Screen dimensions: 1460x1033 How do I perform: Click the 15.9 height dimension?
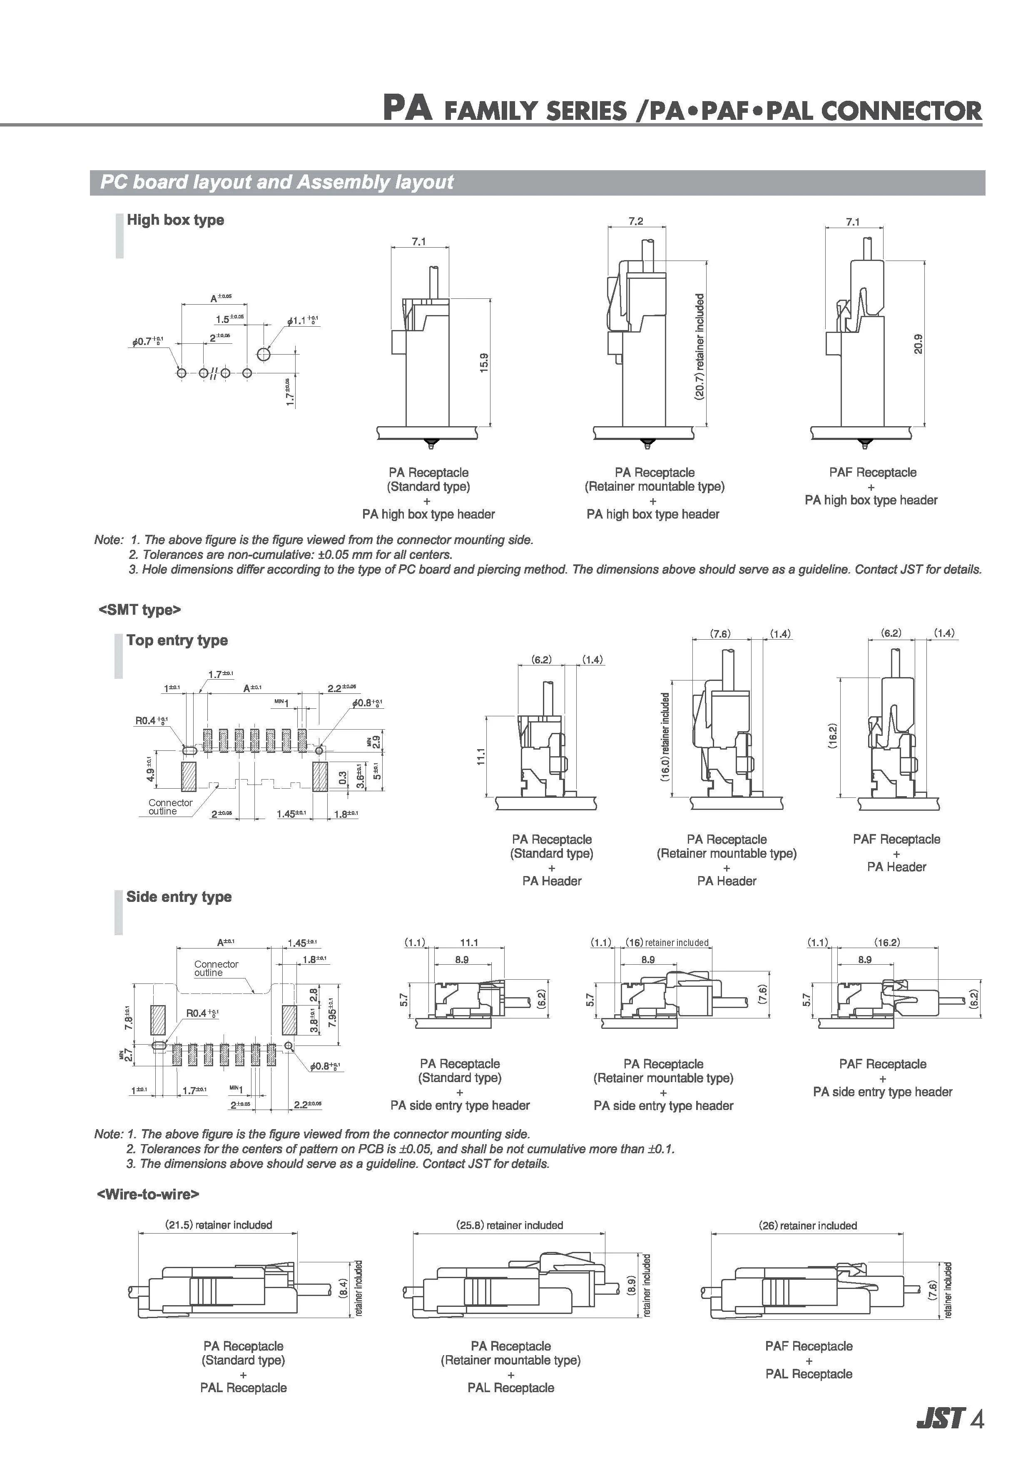(484, 363)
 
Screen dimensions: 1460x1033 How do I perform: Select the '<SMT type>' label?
(140, 610)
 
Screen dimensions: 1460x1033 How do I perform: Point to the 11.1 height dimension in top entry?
(481, 756)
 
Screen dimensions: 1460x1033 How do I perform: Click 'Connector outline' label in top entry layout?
(170, 807)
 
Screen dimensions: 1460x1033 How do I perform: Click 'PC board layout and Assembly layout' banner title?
(277, 182)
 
